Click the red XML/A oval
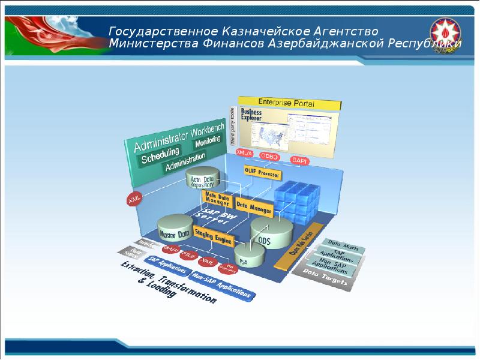(x=244, y=154)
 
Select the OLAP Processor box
(x=262, y=174)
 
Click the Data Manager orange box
(x=254, y=206)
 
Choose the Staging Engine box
(x=212, y=239)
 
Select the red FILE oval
(x=188, y=255)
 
